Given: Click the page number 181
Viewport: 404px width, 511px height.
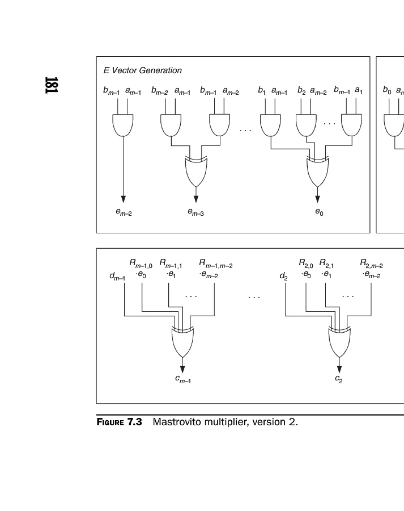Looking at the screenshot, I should pos(50,85).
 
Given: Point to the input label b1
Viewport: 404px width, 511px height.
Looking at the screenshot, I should pos(262,90).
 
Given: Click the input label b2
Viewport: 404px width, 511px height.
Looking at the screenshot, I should pos(301,90).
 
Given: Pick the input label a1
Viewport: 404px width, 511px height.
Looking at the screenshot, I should pos(359,90).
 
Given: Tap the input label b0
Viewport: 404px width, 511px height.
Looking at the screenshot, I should pos(386,90).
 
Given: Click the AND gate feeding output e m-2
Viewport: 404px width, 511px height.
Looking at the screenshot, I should pos(124,125).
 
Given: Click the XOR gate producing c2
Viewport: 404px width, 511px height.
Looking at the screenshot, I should pos(339,341).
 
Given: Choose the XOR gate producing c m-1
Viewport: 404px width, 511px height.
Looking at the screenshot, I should pos(182,341).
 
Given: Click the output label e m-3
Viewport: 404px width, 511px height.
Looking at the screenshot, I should pos(195,213).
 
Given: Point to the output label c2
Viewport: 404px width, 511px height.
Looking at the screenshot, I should pos(339,379).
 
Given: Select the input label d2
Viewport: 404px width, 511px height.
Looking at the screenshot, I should pos(283,277).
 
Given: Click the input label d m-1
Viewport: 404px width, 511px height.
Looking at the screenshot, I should pos(117,277).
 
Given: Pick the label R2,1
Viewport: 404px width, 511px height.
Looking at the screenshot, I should pos(326,263).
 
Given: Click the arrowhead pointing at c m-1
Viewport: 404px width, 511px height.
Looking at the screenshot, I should pos(182,369).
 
